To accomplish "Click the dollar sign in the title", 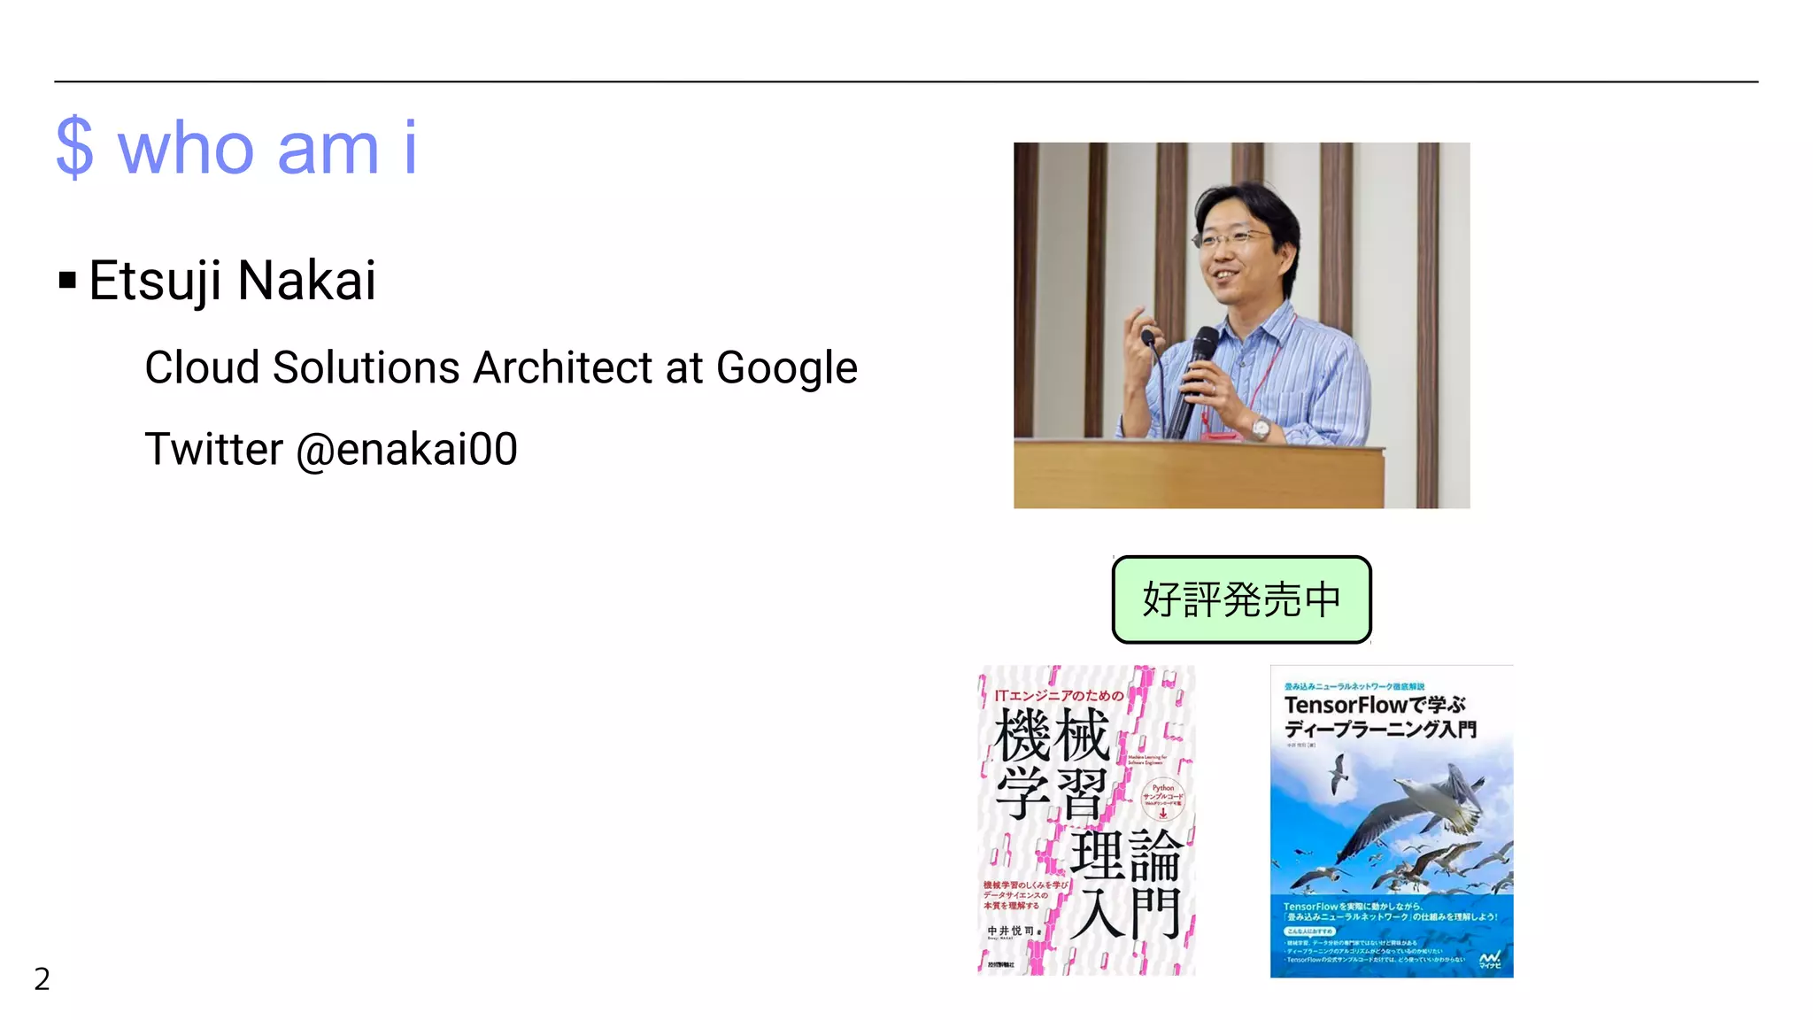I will pyautogui.click(x=74, y=148).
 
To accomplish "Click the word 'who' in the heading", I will pyautogui.click(x=187, y=149).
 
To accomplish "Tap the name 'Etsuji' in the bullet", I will pyautogui.click(x=156, y=282).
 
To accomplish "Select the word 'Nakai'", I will pyautogui.click(x=307, y=282).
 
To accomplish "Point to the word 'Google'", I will pyautogui.click(x=786, y=367).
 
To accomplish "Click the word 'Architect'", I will pyautogui.click(x=563, y=367).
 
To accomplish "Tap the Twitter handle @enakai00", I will pyautogui.click(x=406, y=449).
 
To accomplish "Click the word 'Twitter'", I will pyautogui.click(x=214, y=449).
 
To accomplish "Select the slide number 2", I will pyautogui.click(x=42, y=978).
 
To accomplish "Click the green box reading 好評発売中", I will pyautogui.click(x=1241, y=599).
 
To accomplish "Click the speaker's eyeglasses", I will pyautogui.click(x=1233, y=238).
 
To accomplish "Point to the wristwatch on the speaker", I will pyautogui.click(x=1261, y=429).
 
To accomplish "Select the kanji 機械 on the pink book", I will pyautogui.click(x=1052, y=736).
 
